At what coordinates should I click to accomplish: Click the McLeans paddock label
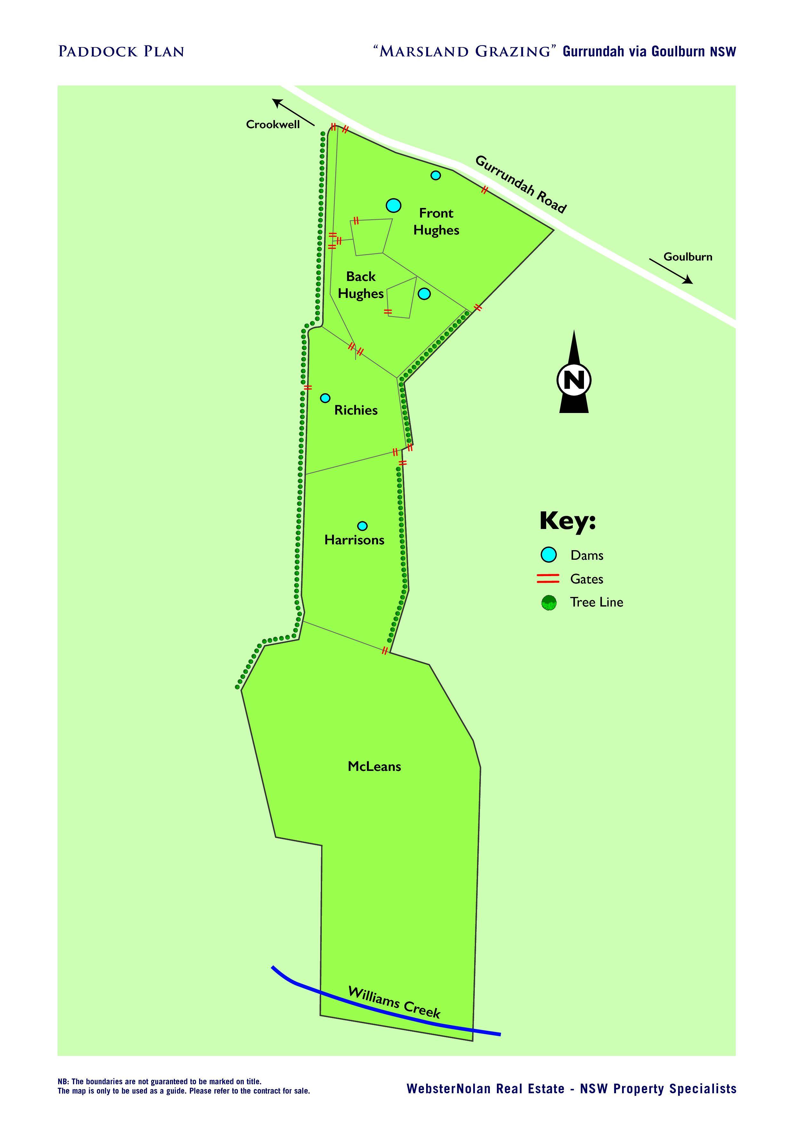click(374, 767)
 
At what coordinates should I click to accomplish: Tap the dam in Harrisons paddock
click(362, 526)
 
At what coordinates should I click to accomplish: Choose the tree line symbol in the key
click(548, 603)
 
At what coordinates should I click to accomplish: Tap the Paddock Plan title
click(121, 51)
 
